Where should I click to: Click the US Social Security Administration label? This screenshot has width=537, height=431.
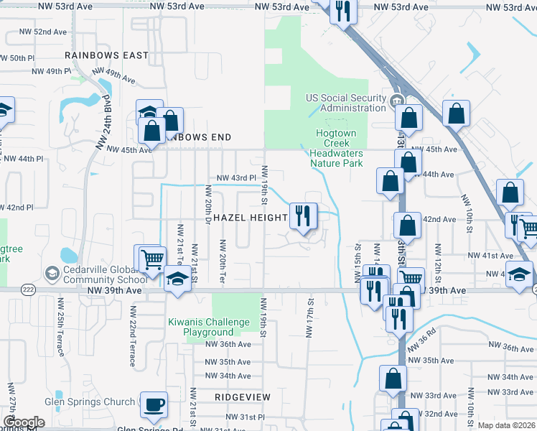point(345,103)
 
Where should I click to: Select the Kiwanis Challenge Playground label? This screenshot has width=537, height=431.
point(209,328)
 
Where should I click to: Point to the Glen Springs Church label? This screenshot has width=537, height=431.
point(90,402)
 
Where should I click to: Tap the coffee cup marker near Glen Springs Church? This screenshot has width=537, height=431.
point(154,404)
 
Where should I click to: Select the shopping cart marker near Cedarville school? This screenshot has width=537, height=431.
point(151,258)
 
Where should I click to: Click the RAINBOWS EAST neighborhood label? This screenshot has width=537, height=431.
point(106,55)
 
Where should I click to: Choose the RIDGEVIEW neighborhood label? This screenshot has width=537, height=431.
point(243,397)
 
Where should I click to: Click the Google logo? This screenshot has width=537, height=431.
point(24,422)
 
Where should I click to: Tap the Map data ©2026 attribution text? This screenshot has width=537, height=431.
point(506,425)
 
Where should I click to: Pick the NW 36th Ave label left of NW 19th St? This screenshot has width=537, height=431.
point(228,344)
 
